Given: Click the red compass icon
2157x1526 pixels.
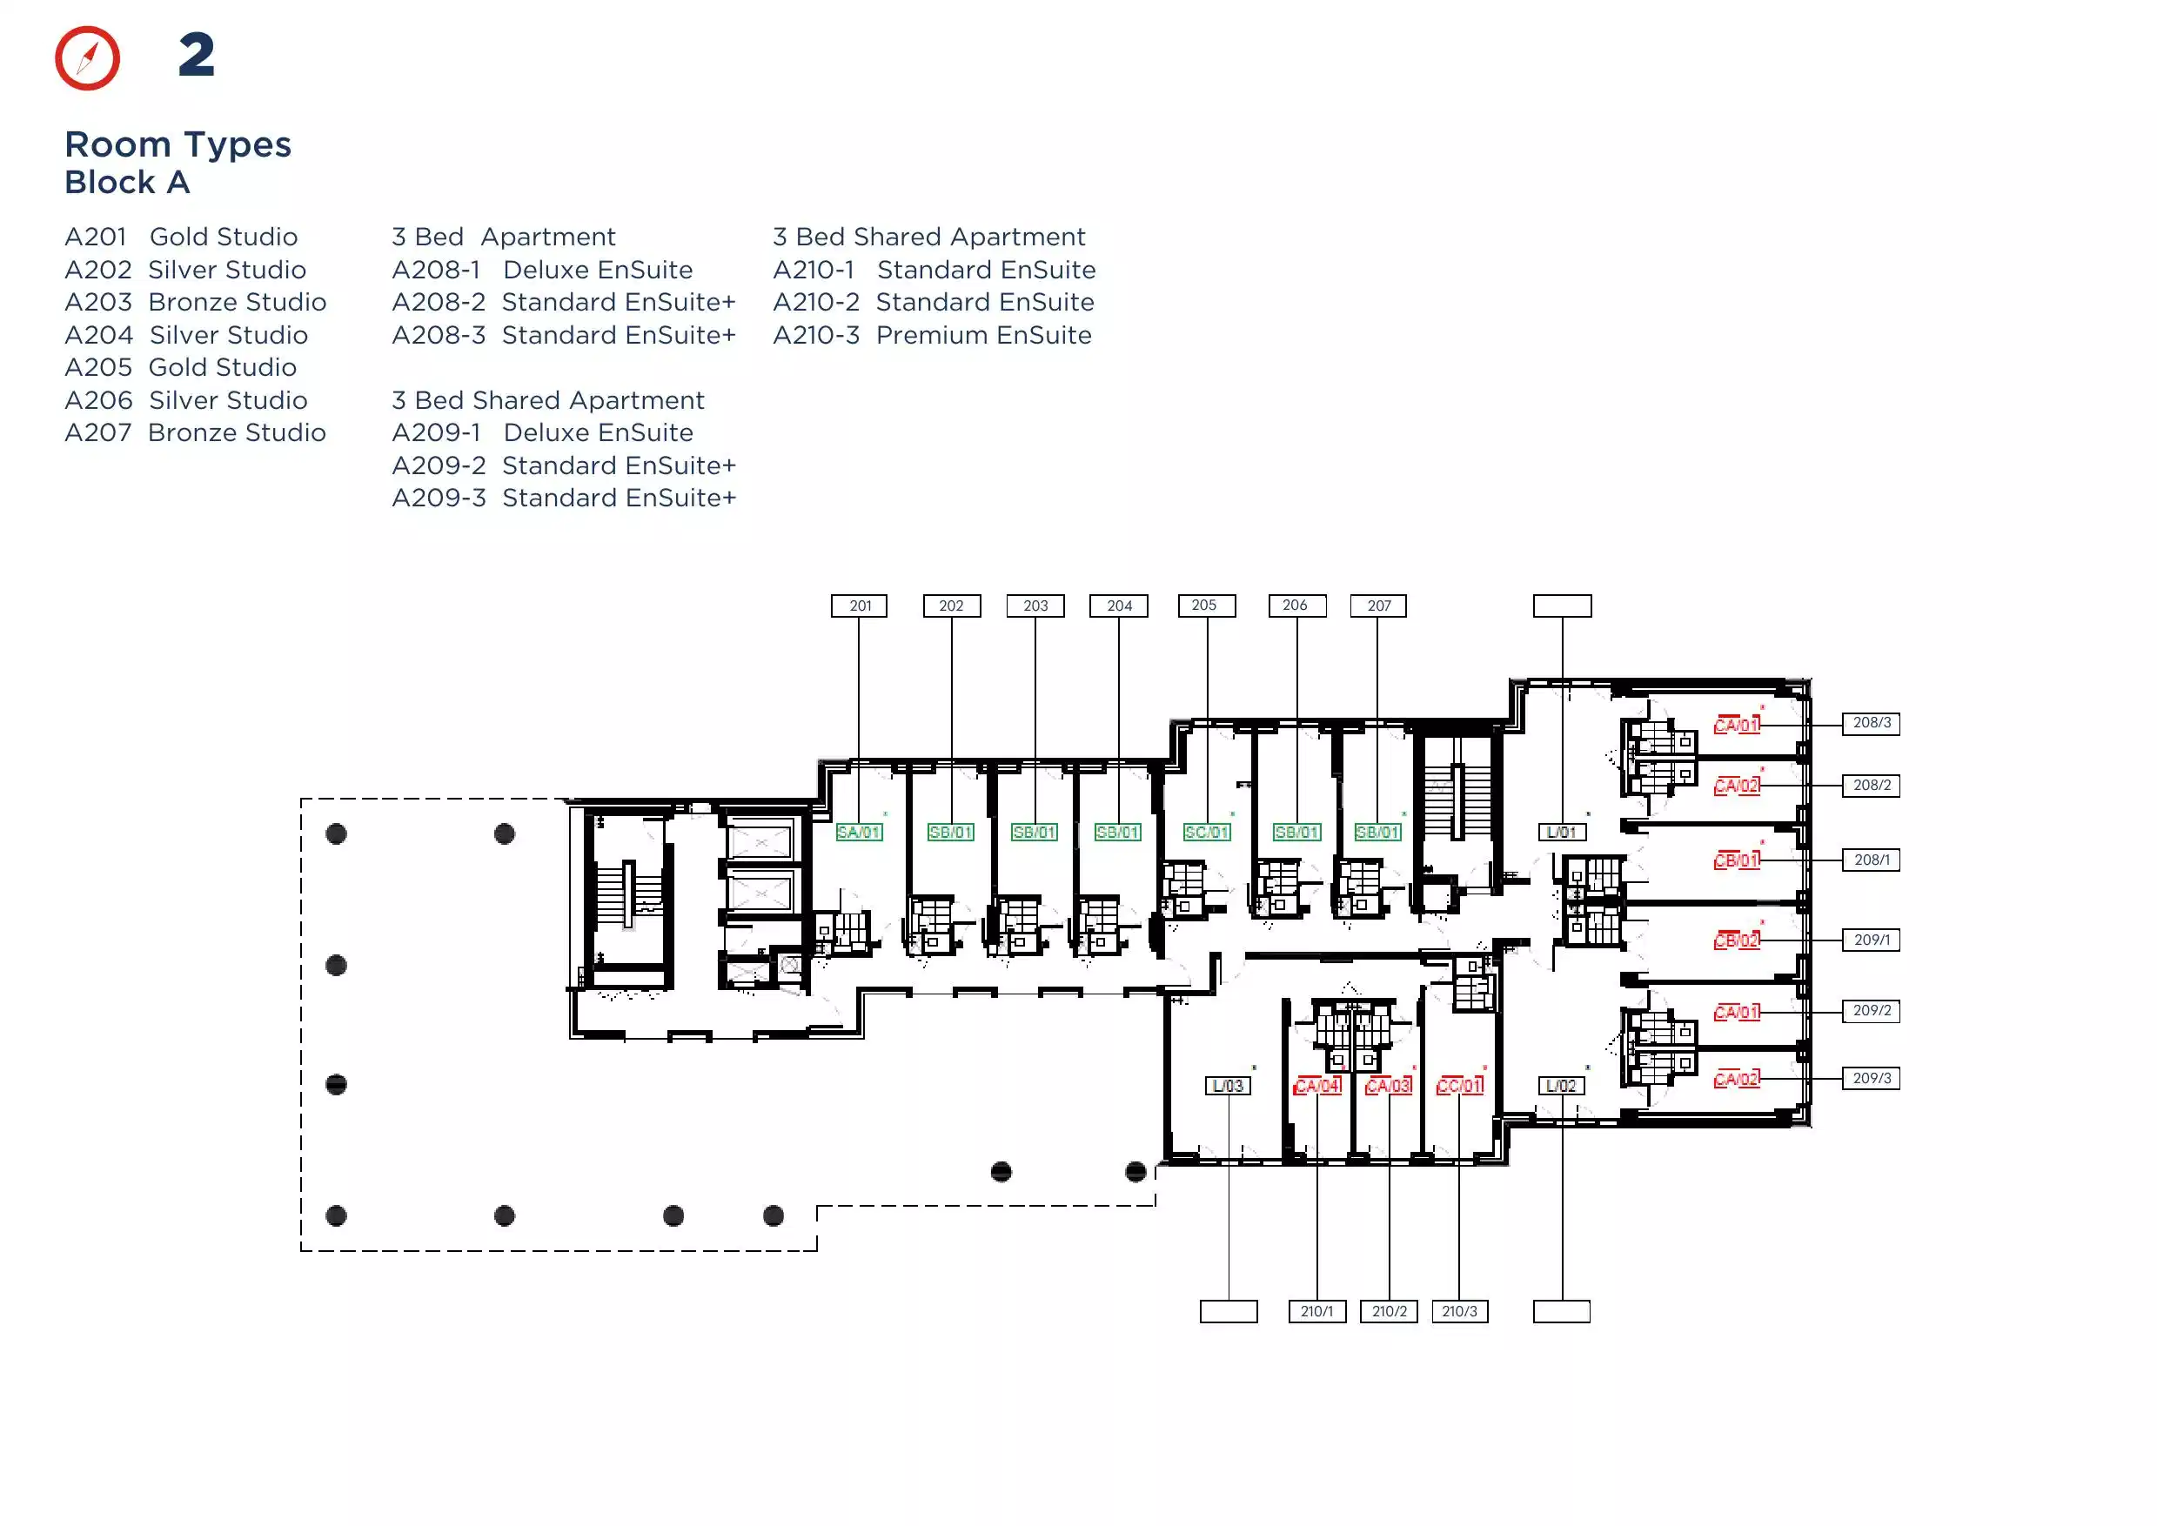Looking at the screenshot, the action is coord(87,58).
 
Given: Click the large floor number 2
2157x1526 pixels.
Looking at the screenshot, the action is coord(197,56).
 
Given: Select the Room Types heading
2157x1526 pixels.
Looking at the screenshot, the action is coord(178,144).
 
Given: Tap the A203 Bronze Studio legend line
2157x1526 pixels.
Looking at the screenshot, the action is coord(196,303).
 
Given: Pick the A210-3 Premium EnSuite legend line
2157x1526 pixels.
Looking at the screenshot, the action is coord(933,336).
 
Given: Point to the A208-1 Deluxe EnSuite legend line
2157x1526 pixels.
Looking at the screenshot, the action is coord(542,270).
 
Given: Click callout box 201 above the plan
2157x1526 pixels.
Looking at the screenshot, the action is coord(859,606).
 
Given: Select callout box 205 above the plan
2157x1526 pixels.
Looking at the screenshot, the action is coord(1207,606).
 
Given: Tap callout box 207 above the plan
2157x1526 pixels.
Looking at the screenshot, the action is coord(1378,606).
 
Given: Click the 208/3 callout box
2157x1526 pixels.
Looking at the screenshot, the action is coord(1872,724).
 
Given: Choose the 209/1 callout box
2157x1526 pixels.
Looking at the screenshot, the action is coord(1872,940).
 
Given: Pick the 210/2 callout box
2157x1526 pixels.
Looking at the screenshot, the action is coord(1389,1312).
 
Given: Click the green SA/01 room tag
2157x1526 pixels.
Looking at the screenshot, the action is coord(859,833).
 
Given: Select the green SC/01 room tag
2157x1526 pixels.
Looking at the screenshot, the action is coord(1207,833).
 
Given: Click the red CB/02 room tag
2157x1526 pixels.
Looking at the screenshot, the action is coord(1737,940).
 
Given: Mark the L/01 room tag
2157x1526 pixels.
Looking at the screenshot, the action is coord(1561,833).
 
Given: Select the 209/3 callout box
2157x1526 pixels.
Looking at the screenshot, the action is coord(1872,1079).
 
